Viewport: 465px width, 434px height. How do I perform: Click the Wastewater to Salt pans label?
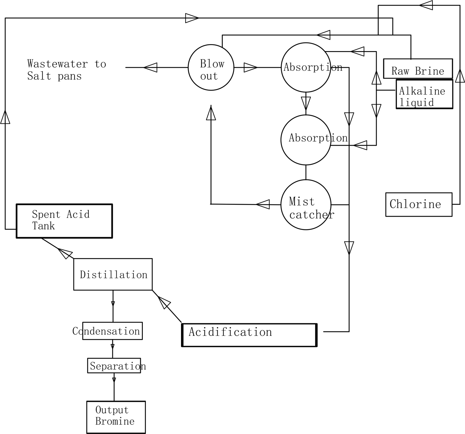[x=66, y=70]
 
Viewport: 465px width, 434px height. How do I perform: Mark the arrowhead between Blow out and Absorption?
[x=250, y=67]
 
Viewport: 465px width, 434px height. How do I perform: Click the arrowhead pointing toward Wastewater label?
[x=150, y=67]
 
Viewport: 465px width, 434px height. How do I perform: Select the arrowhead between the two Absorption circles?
[x=306, y=104]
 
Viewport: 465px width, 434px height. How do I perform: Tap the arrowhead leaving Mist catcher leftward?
[x=262, y=204]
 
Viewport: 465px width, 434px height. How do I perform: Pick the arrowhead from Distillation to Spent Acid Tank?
[x=65, y=253]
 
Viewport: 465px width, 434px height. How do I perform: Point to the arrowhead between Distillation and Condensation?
[x=113, y=304]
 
